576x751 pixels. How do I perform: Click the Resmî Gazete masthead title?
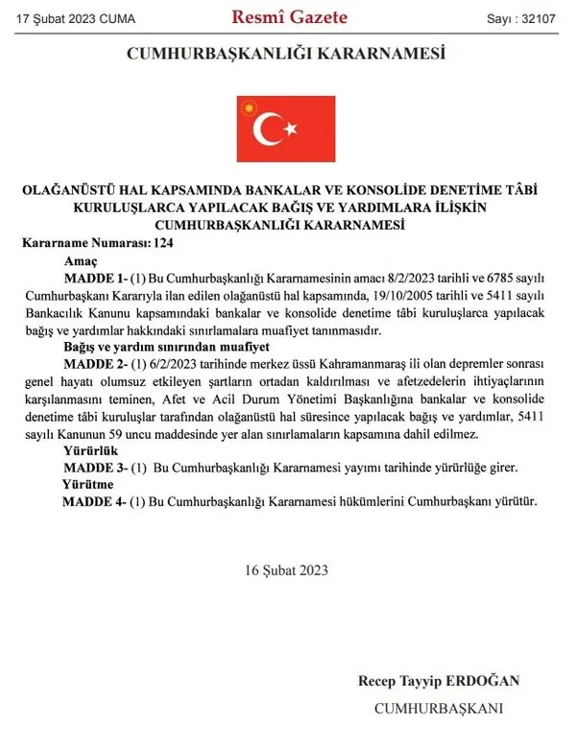pos(290,16)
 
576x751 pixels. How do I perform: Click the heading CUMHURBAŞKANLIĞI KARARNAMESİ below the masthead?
pos(287,55)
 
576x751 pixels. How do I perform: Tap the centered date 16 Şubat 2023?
pos(286,569)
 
